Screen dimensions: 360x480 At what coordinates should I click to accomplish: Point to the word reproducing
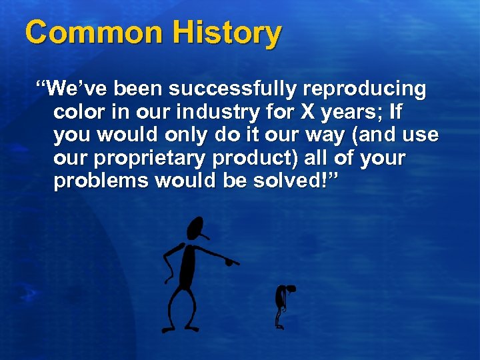[x=365, y=89]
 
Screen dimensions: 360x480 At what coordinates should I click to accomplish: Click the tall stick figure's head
[x=195, y=229]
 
